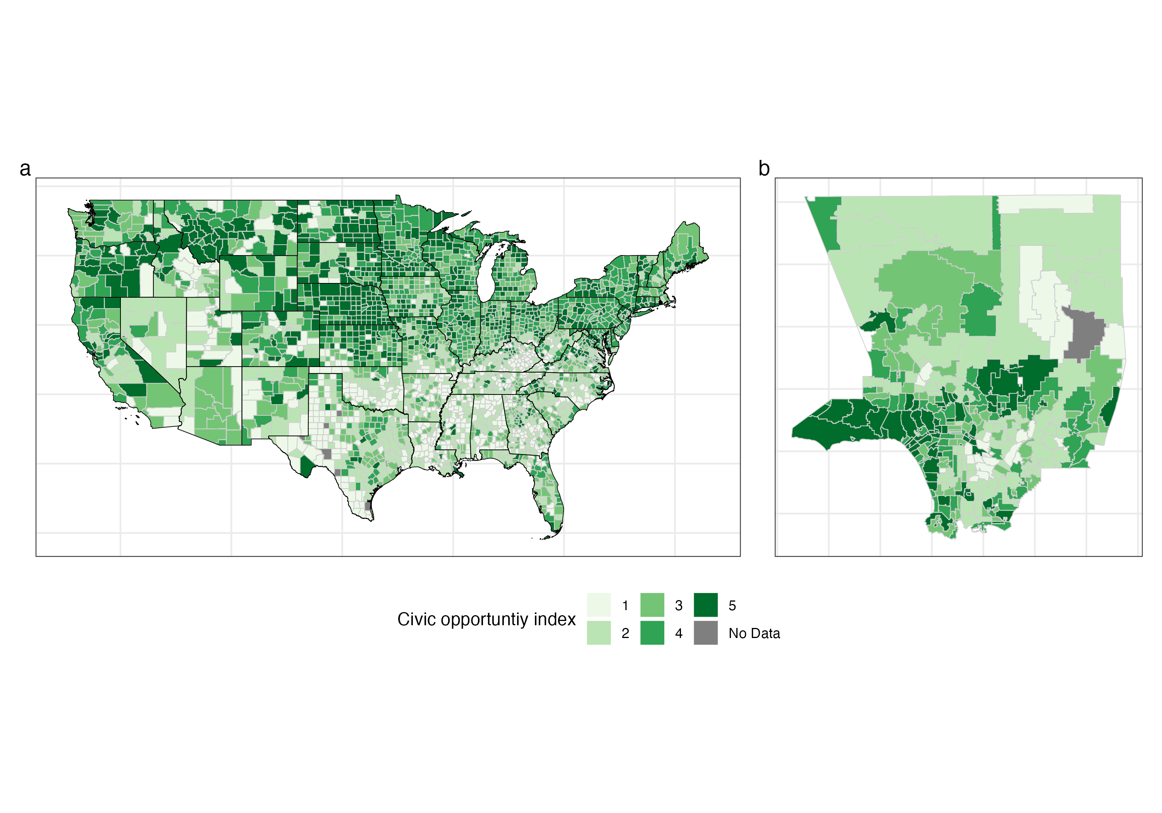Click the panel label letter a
(25, 169)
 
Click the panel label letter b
(764, 169)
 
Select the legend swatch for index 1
(599, 605)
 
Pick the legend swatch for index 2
(599, 633)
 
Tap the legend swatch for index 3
(652, 605)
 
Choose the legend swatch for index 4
(652, 633)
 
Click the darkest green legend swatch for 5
(705, 605)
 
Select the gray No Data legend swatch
(705, 633)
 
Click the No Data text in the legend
(754, 633)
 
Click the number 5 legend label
(732, 605)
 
